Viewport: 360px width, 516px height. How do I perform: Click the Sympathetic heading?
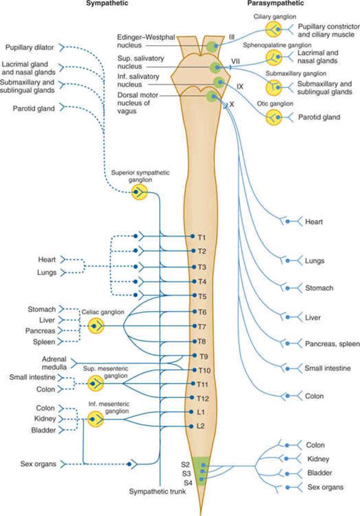pyautogui.click(x=107, y=4)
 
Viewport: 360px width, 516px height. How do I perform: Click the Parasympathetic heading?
pyautogui.click(x=275, y=4)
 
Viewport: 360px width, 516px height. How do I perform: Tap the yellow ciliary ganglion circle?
pyautogui.click(x=274, y=29)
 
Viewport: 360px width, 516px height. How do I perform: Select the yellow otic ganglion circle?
pyautogui.click(x=274, y=117)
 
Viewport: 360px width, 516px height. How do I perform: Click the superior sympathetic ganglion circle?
pyautogui.click(x=140, y=192)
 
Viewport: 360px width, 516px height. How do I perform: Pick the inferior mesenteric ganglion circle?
pyautogui.click(x=96, y=419)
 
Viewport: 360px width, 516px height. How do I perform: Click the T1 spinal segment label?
pyautogui.click(x=202, y=237)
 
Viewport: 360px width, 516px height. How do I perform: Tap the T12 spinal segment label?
pyautogui.click(x=203, y=398)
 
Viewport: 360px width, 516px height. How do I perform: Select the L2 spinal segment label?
pyautogui.click(x=201, y=426)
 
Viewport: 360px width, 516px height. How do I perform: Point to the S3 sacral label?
pyautogui.click(x=186, y=474)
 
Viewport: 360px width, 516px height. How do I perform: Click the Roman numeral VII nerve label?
pyautogui.click(x=235, y=62)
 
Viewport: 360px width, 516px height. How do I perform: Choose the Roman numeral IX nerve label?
pyautogui.click(x=240, y=86)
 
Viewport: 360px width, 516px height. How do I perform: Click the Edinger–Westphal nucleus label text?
pyautogui.click(x=146, y=41)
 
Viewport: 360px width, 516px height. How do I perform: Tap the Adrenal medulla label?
pyautogui.click(x=54, y=363)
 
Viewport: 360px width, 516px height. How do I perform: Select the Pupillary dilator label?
pyautogui.click(x=29, y=47)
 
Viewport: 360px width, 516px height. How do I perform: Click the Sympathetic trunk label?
pyautogui.click(x=157, y=492)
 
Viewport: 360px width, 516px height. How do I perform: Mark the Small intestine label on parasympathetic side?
pyautogui.click(x=328, y=368)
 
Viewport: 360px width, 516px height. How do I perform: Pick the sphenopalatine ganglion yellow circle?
pyautogui.click(x=274, y=58)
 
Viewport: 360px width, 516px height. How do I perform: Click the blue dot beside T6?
pyautogui.click(x=195, y=312)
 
